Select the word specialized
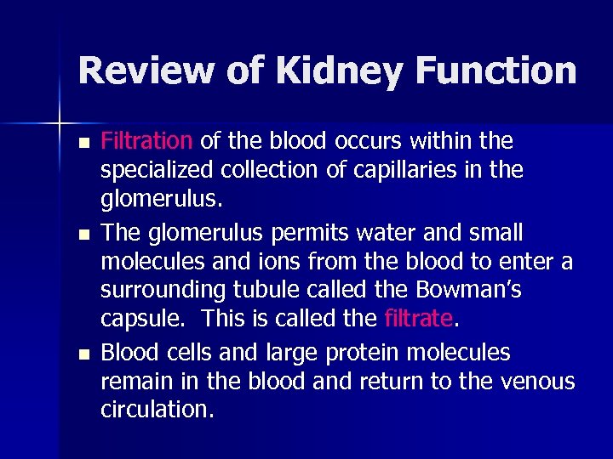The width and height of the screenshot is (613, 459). click(x=157, y=170)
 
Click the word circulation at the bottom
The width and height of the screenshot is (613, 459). click(x=156, y=410)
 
